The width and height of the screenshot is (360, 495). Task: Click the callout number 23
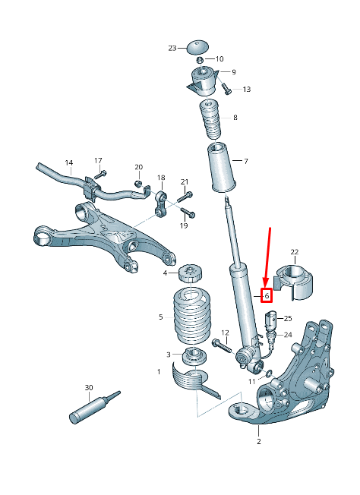172,48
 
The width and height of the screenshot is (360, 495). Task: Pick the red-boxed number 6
267,295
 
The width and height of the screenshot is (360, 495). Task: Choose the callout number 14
68,162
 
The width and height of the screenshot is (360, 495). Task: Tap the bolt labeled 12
219,346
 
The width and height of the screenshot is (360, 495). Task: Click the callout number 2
258,441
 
